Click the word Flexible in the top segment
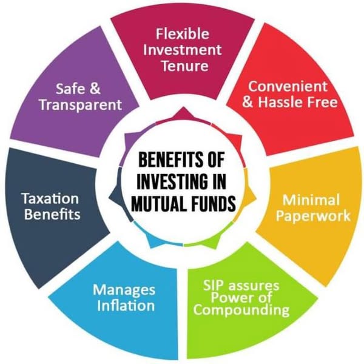tap(183, 33)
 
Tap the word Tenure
tap(185, 66)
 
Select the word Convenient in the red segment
tap(288, 86)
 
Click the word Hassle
tap(281, 102)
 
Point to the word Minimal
tap(311, 200)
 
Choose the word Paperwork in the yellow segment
tap(313, 217)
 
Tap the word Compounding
tap(241, 310)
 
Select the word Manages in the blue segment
tap(124, 290)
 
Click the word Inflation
tap(126, 305)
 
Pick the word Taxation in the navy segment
tap(50, 199)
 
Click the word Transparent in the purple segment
tap(81, 105)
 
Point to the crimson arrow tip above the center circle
tap(183, 107)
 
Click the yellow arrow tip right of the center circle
tap(257, 198)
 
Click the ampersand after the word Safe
tap(95, 89)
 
